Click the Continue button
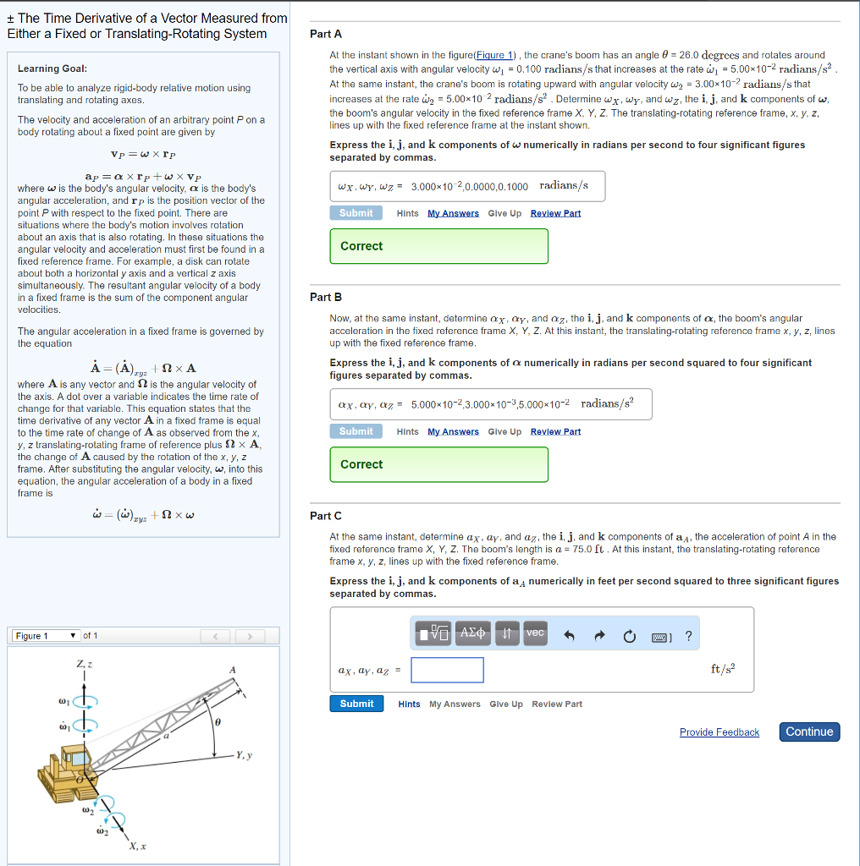[x=809, y=732]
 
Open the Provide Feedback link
[x=719, y=732]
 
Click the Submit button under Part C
[x=356, y=704]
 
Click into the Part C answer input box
[x=448, y=671]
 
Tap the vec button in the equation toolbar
[x=535, y=633]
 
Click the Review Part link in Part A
[x=555, y=213]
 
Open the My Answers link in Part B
[x=453, y=432]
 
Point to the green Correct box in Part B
[x=438, y=464]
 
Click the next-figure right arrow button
[x=250, y=636]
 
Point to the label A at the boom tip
[x=231, y=671]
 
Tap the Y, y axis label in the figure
[x=246, y=755]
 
